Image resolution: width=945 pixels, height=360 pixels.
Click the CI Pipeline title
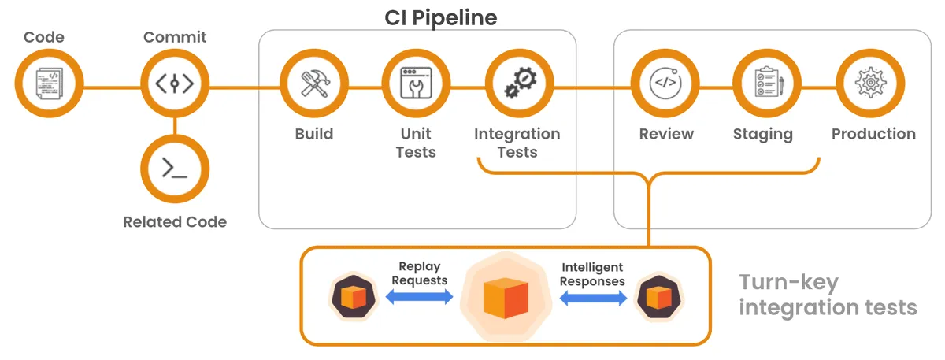[440, 17]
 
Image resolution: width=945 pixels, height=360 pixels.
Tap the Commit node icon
[174, 84]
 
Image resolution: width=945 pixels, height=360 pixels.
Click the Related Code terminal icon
[174, 167]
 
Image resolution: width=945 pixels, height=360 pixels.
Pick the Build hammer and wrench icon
[314, 84]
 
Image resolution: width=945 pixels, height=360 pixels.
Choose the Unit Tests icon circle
[416, 84]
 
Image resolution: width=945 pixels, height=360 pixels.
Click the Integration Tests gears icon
[517, 84]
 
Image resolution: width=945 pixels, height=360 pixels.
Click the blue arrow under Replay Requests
[419, 297]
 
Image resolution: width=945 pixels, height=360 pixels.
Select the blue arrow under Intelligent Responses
[593, 298]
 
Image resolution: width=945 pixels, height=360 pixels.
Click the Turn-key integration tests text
[827, 295]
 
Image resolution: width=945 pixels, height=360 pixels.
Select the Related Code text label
[174, 222]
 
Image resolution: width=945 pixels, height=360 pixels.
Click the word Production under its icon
[873, 134]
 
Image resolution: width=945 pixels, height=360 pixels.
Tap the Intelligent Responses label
[593, 274]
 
